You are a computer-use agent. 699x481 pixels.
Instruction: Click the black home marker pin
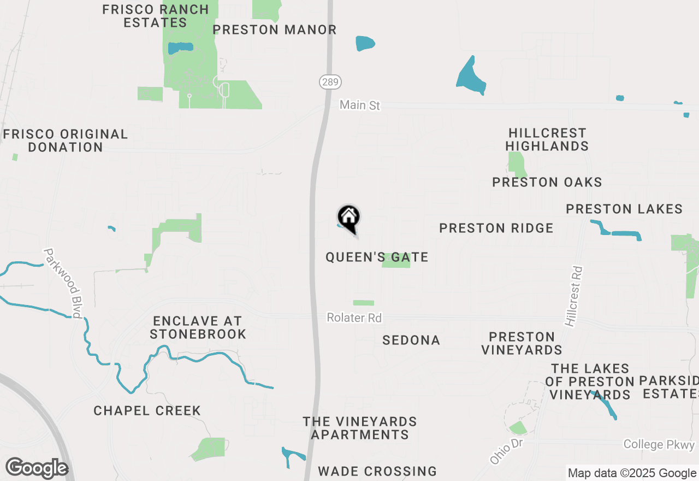[349, 217]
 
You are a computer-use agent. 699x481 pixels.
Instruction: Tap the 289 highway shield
[330, 83]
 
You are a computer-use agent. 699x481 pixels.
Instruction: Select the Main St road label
[359, 105]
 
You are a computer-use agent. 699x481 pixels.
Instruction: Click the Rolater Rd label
[354, 318]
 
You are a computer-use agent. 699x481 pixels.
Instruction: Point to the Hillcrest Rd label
[574, 297]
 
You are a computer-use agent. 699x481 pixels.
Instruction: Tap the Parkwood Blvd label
[63, 283]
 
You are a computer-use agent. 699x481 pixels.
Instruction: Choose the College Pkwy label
[659, 444]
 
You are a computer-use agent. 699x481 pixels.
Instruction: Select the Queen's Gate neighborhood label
[377, 257]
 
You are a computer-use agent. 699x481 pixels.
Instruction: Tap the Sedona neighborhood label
[411, 341]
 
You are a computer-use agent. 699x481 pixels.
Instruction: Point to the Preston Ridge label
[496, 228]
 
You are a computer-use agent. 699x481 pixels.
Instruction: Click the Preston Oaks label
[547, 183]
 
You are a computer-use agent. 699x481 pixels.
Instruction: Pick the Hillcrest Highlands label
[547, 140]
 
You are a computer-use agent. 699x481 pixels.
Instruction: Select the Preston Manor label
[275, 30]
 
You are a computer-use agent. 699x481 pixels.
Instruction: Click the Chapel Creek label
[147, 410]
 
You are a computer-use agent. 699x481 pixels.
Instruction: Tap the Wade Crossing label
[377, 471]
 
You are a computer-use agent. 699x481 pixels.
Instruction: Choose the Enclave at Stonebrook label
[198, 327]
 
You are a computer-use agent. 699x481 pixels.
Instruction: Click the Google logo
[37, 468]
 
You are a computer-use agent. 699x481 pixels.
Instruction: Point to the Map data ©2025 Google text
[632, 473]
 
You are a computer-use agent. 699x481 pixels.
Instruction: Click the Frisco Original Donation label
[66, 140]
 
